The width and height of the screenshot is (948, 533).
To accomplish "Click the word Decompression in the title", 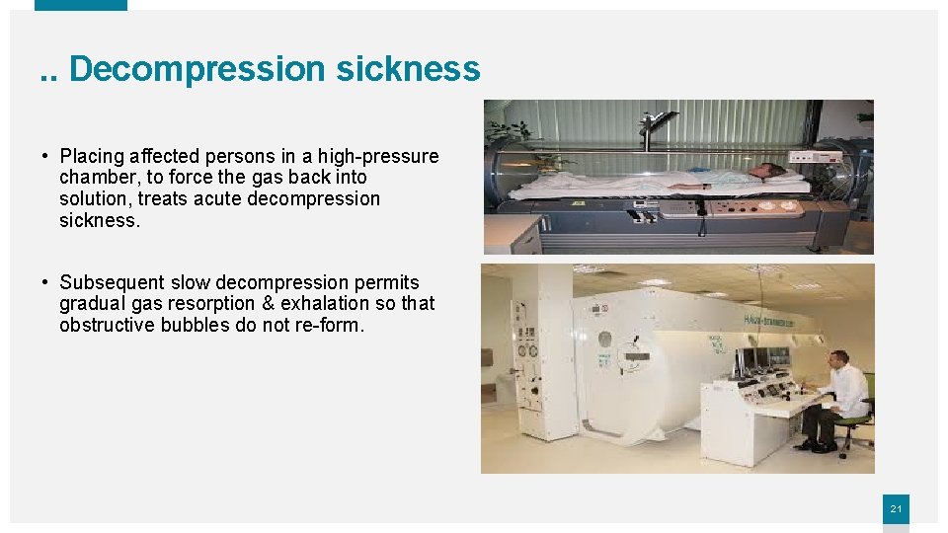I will tap(197, 69).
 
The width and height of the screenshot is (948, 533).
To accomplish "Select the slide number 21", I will tap(896, 509).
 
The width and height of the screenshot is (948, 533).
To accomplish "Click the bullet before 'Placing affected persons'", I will tap(46, 157).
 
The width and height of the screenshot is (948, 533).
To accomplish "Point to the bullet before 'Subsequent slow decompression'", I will tap(46, 283).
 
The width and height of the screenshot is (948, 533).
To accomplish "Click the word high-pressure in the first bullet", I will tap(378, 156).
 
